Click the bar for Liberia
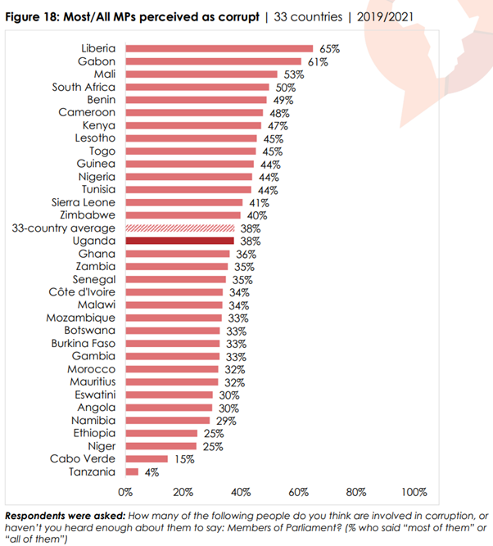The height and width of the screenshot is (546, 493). coord(219,49)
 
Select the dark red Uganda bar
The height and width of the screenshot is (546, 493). coord(180,241)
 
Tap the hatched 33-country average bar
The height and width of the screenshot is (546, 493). coord(180,228)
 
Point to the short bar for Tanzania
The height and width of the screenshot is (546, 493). coord(131,472)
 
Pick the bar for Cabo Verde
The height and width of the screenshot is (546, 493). coord(147,459)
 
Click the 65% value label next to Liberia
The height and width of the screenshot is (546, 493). coord(328,49)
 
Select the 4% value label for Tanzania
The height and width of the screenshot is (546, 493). coord(151,472)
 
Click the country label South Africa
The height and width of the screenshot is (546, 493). coord(84,87)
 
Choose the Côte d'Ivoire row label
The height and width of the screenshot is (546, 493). coord(84,292)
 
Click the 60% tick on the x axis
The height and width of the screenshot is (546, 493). coord(299,492)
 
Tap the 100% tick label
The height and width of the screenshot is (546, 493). coord(414,492)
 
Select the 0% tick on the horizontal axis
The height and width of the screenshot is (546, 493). coord(125,492)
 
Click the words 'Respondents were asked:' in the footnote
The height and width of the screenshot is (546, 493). coord(65,516)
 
